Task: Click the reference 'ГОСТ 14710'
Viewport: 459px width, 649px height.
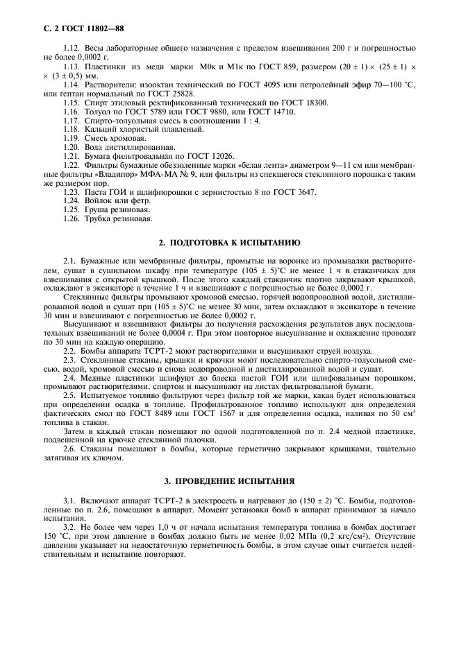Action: coord(271,111)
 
